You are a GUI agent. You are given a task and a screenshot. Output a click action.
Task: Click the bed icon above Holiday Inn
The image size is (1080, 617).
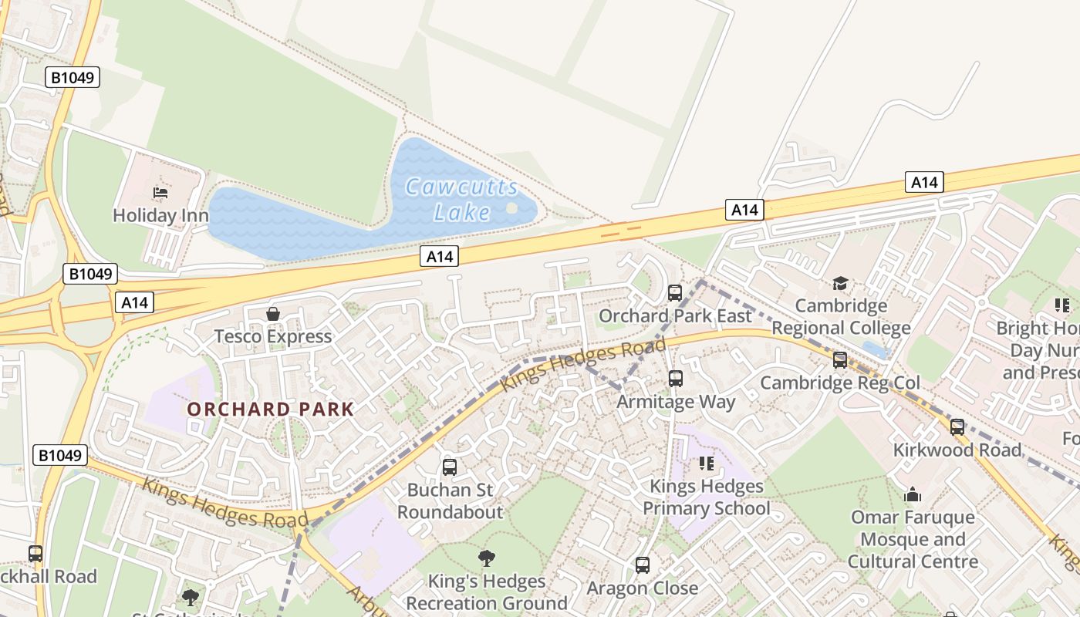click(x=160, y=192)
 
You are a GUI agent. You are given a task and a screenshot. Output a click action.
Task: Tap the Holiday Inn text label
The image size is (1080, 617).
click(x=160, y=215)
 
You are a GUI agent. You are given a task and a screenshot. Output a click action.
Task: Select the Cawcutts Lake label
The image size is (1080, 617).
click(x=461, y=200)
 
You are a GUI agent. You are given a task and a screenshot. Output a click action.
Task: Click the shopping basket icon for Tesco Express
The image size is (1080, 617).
click(x=272, y=314)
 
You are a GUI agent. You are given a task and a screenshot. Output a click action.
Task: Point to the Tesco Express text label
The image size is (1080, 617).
click(x=272, y=336)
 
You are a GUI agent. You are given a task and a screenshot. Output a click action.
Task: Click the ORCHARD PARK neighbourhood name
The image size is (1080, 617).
click(x=270, y=410)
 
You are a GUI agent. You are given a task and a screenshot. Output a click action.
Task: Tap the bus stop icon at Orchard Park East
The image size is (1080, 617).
click(x=675, y=293)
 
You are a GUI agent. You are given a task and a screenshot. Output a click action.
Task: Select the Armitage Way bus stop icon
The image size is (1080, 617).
click(x=676, y=379)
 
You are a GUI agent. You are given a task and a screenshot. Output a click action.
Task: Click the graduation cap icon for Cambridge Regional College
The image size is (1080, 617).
click(x=840, y=284)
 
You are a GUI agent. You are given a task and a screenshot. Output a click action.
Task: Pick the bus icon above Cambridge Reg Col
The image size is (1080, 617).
click(x=840, y=360)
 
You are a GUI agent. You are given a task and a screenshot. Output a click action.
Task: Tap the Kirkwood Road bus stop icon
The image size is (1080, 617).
click(x=957, y=427)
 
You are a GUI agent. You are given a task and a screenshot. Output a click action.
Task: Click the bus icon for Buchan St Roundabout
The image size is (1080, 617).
click(x=450, y=467)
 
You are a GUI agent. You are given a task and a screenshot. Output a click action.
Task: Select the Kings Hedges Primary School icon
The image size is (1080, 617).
click(x=706, y=464)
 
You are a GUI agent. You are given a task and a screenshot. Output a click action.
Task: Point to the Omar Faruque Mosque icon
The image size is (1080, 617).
click(x=913, y=494)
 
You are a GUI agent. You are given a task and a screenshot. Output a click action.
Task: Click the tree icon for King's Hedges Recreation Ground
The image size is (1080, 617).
click(x=487, y=558)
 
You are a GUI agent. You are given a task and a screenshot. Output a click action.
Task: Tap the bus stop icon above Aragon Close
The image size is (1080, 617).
click(x=643, y=565)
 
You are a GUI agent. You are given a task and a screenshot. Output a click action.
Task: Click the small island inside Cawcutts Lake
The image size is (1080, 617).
click(x=511, y=208)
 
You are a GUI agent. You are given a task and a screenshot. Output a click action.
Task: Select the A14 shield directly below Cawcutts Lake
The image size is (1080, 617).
click(x=439, y=257)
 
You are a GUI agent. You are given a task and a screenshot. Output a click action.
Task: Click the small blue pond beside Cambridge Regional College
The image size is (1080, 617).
click(x=875, y=349)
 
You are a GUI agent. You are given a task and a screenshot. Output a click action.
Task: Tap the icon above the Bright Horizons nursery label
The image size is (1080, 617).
click(x=1062, y=305)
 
